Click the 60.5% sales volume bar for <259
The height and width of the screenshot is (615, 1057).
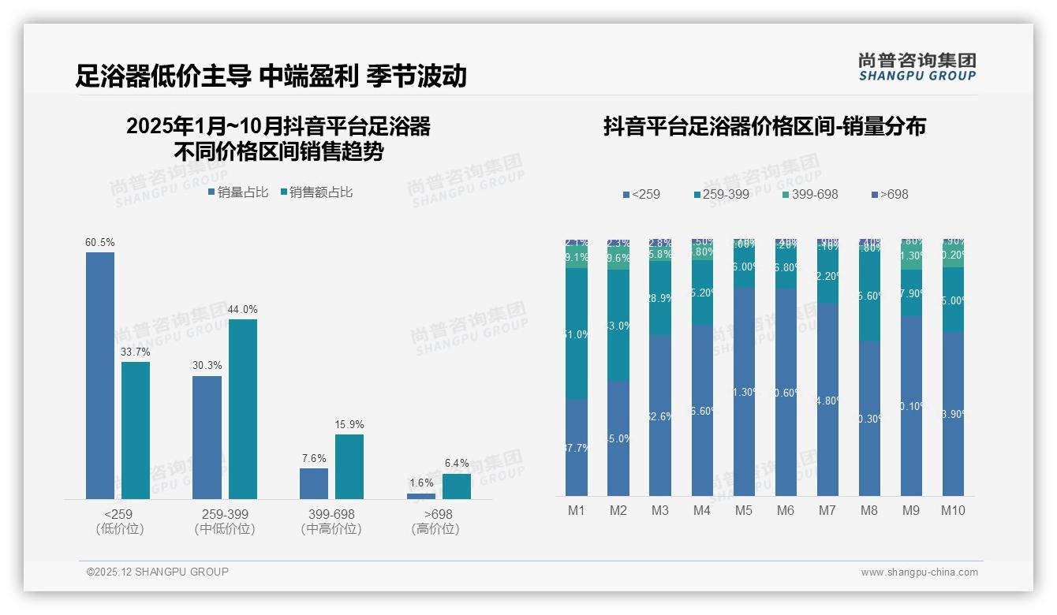[100, 375]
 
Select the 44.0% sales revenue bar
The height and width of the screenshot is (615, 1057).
[243, 408]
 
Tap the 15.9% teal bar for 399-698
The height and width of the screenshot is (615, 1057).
[349, 466]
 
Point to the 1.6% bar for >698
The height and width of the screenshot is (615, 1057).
[421, 496]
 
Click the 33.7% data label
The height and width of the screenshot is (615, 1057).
[135, 352]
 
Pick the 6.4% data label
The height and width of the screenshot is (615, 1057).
[457, 464]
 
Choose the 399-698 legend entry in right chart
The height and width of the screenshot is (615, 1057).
[810, 194]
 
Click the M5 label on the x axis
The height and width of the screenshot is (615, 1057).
[744, 510]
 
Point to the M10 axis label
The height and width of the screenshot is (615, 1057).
[953, 510]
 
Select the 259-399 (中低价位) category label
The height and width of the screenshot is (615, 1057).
[225, 522]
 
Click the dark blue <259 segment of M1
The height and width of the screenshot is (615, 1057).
[577, 447]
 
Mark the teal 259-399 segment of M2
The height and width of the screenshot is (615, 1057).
[618, 325]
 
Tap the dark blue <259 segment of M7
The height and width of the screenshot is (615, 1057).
[827, 400]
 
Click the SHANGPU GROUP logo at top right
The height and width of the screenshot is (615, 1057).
[917, 67]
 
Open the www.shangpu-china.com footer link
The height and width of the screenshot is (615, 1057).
[919, 572]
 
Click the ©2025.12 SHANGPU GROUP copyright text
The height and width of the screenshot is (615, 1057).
[158, 572]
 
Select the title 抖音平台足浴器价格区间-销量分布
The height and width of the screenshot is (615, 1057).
[764, 126]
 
